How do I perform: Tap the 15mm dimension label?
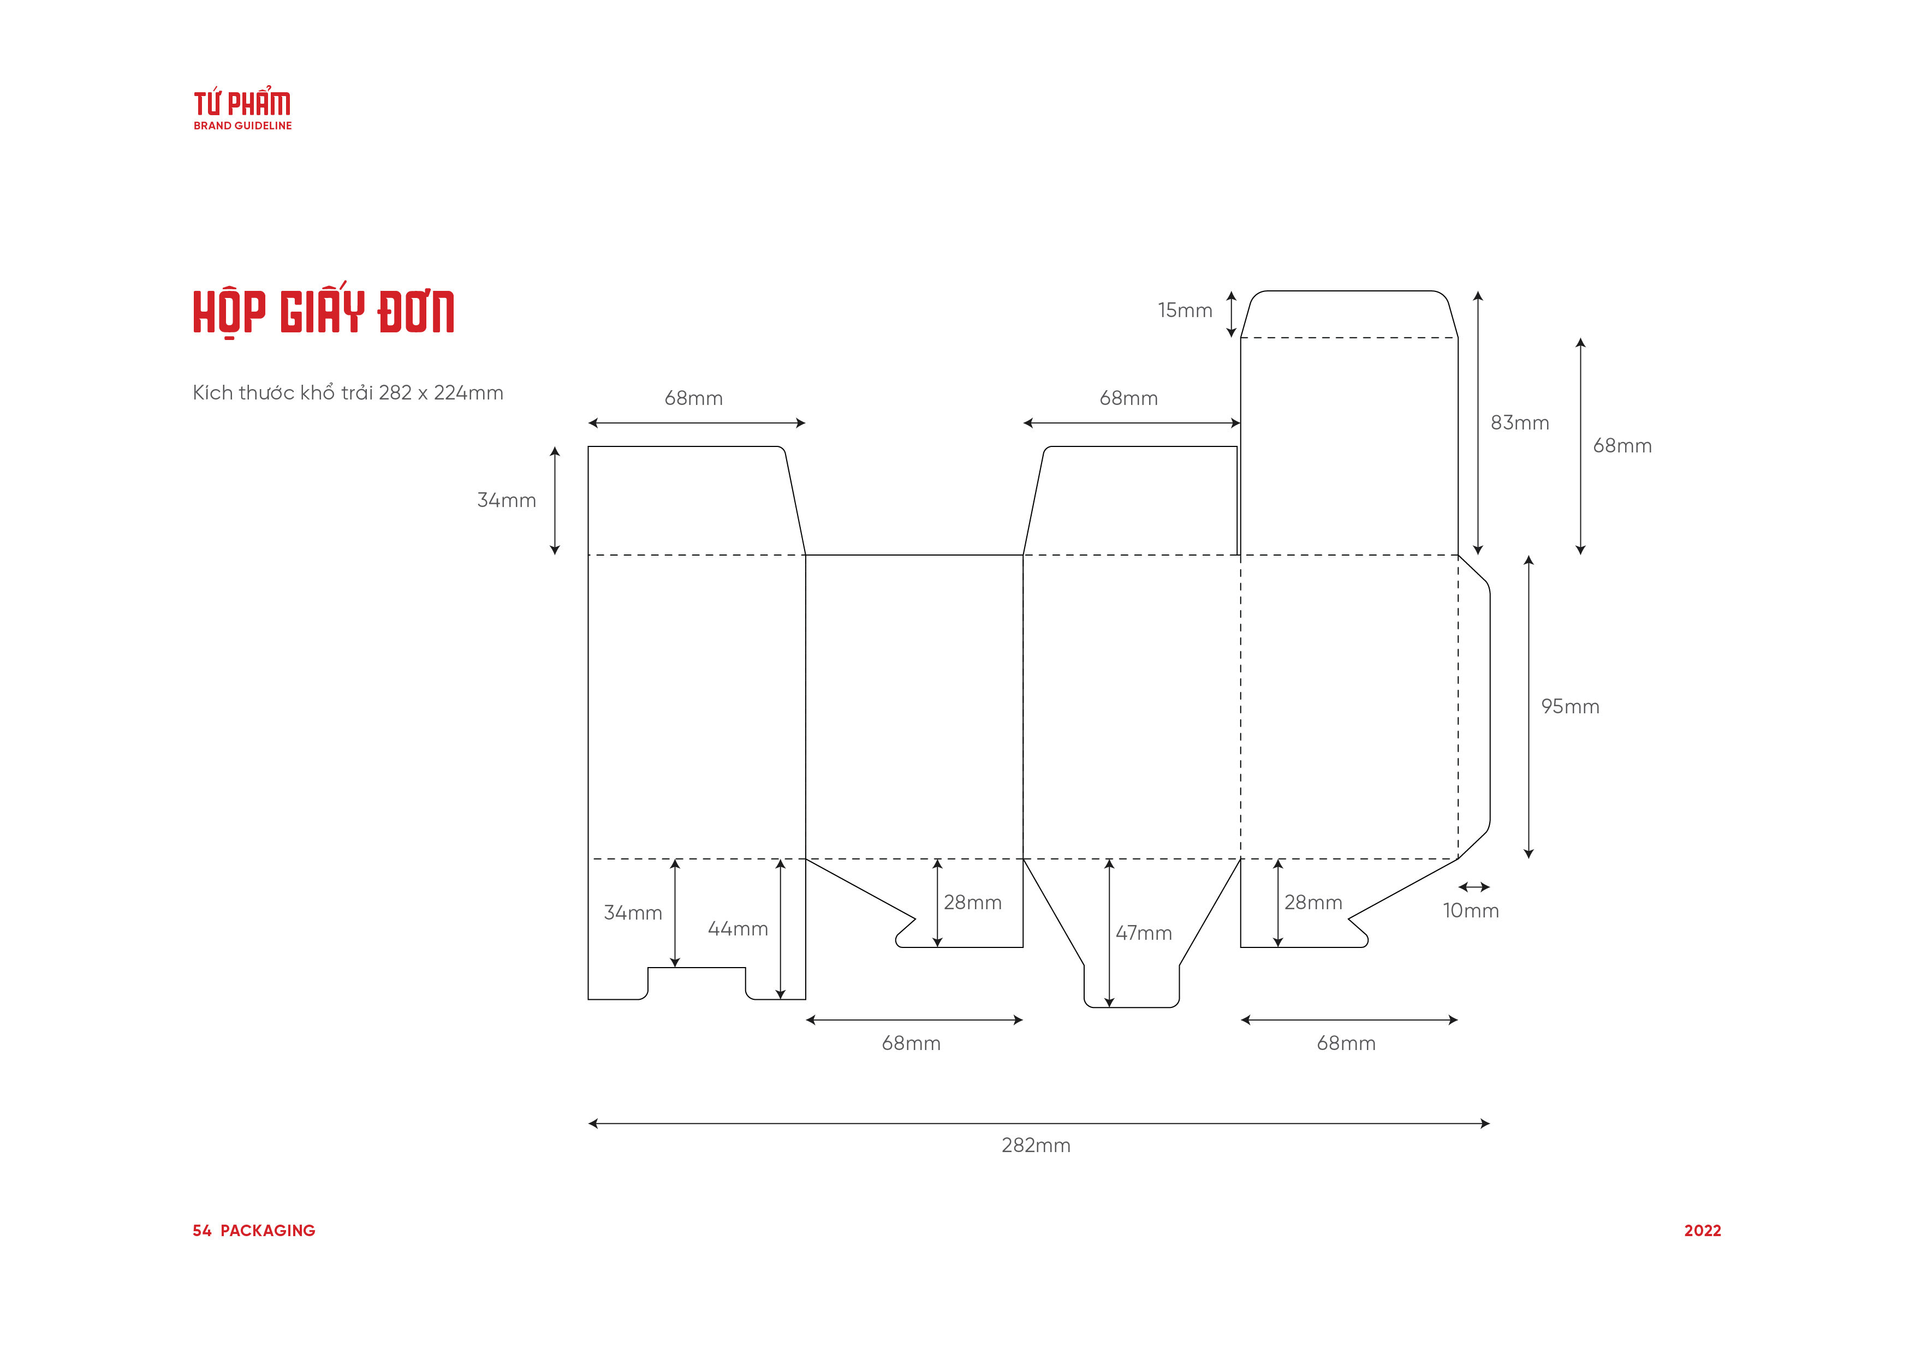tap(1185, 310)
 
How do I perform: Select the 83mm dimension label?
tap(1520, 423)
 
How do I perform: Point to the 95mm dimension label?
tap(1569, 706)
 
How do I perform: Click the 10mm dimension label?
tap(1471, 910)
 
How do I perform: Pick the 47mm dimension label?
tap(1144, 933)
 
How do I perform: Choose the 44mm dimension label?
tap(738, 929)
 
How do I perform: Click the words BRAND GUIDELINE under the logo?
tap(243, 126)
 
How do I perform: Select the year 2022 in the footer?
tap(1702, 1231)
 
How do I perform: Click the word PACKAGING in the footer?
tap(267, 1231)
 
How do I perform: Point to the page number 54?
tap(202, 1231)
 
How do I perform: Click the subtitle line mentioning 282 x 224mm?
tap(348, 393)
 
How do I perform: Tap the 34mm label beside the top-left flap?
tap(506, 500)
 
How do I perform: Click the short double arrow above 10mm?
tap(1474, 887)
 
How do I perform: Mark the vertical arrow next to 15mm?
tap(1231, 314)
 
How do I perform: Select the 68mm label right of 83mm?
tap(1622, 446)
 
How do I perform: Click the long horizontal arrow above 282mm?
tap(1038, 1124)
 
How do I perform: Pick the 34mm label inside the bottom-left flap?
tap(633, 913)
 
